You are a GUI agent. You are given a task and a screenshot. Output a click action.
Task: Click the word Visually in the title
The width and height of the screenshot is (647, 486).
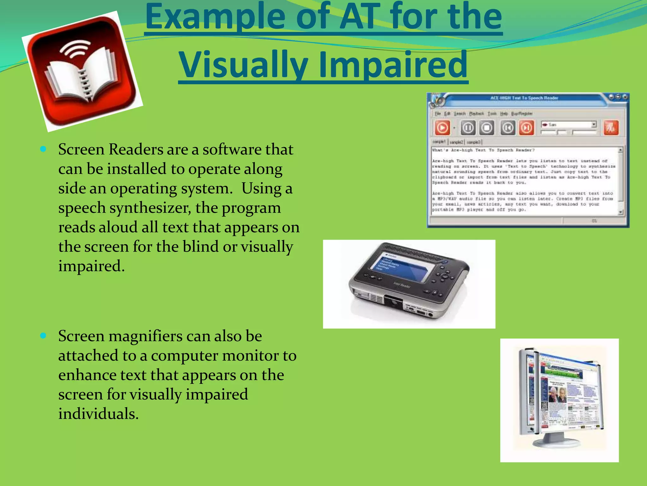pyautogui.click(x=243, y=65)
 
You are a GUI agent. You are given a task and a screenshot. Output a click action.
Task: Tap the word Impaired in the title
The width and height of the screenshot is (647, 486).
pyautogui.click(x=393, y=65)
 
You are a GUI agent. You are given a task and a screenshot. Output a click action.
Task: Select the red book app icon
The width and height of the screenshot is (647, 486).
pyautogui.click(x=82, y=71)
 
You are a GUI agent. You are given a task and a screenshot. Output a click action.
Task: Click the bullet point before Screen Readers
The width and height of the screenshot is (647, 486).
pyautogui.click(x=44, y=149)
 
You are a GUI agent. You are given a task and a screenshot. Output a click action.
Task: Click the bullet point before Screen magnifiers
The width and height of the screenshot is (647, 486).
pyautogui.click(x=44, y=335)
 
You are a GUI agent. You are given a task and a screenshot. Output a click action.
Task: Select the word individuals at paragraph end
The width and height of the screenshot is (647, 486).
pyautogui.click(x=99, y=414)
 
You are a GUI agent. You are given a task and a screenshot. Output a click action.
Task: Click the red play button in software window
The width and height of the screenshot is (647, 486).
pyautogui.click(x=442, y=128)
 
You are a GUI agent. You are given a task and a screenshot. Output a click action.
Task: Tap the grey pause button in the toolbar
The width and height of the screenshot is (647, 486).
pyautogui.click(x=468, y=128)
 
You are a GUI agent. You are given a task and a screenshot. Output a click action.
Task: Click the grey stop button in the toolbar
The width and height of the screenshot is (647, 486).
pyautogui.click(x=487, y=128)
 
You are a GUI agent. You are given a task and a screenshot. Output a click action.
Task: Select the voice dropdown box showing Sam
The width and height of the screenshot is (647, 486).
pyautogui.click(x=568, y=124)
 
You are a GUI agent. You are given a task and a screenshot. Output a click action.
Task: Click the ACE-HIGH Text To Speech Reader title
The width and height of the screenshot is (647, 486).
pyautogui.click(x=524, y=98)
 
